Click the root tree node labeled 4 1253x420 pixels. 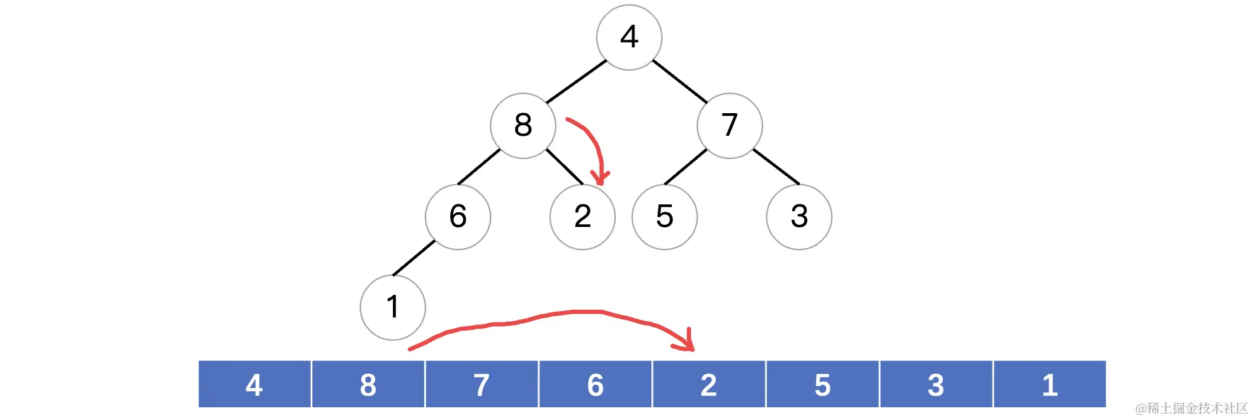629,37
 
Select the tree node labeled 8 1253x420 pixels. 523,125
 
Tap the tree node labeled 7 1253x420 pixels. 730,125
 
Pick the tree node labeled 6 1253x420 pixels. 458,216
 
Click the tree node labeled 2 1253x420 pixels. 583,216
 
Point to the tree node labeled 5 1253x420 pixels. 665,216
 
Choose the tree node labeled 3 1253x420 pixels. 799,216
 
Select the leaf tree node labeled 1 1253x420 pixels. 393,307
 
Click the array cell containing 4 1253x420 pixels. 255,385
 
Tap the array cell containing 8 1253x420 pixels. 368,385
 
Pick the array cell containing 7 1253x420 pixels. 482,385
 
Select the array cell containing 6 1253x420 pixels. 595,385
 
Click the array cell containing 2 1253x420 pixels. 709,385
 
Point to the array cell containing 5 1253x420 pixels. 823,385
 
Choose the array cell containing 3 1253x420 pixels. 936,385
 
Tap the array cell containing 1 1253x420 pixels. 1050,385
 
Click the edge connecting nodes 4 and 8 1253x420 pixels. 576,81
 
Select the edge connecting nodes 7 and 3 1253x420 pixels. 776,166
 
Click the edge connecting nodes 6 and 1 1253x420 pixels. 413,258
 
